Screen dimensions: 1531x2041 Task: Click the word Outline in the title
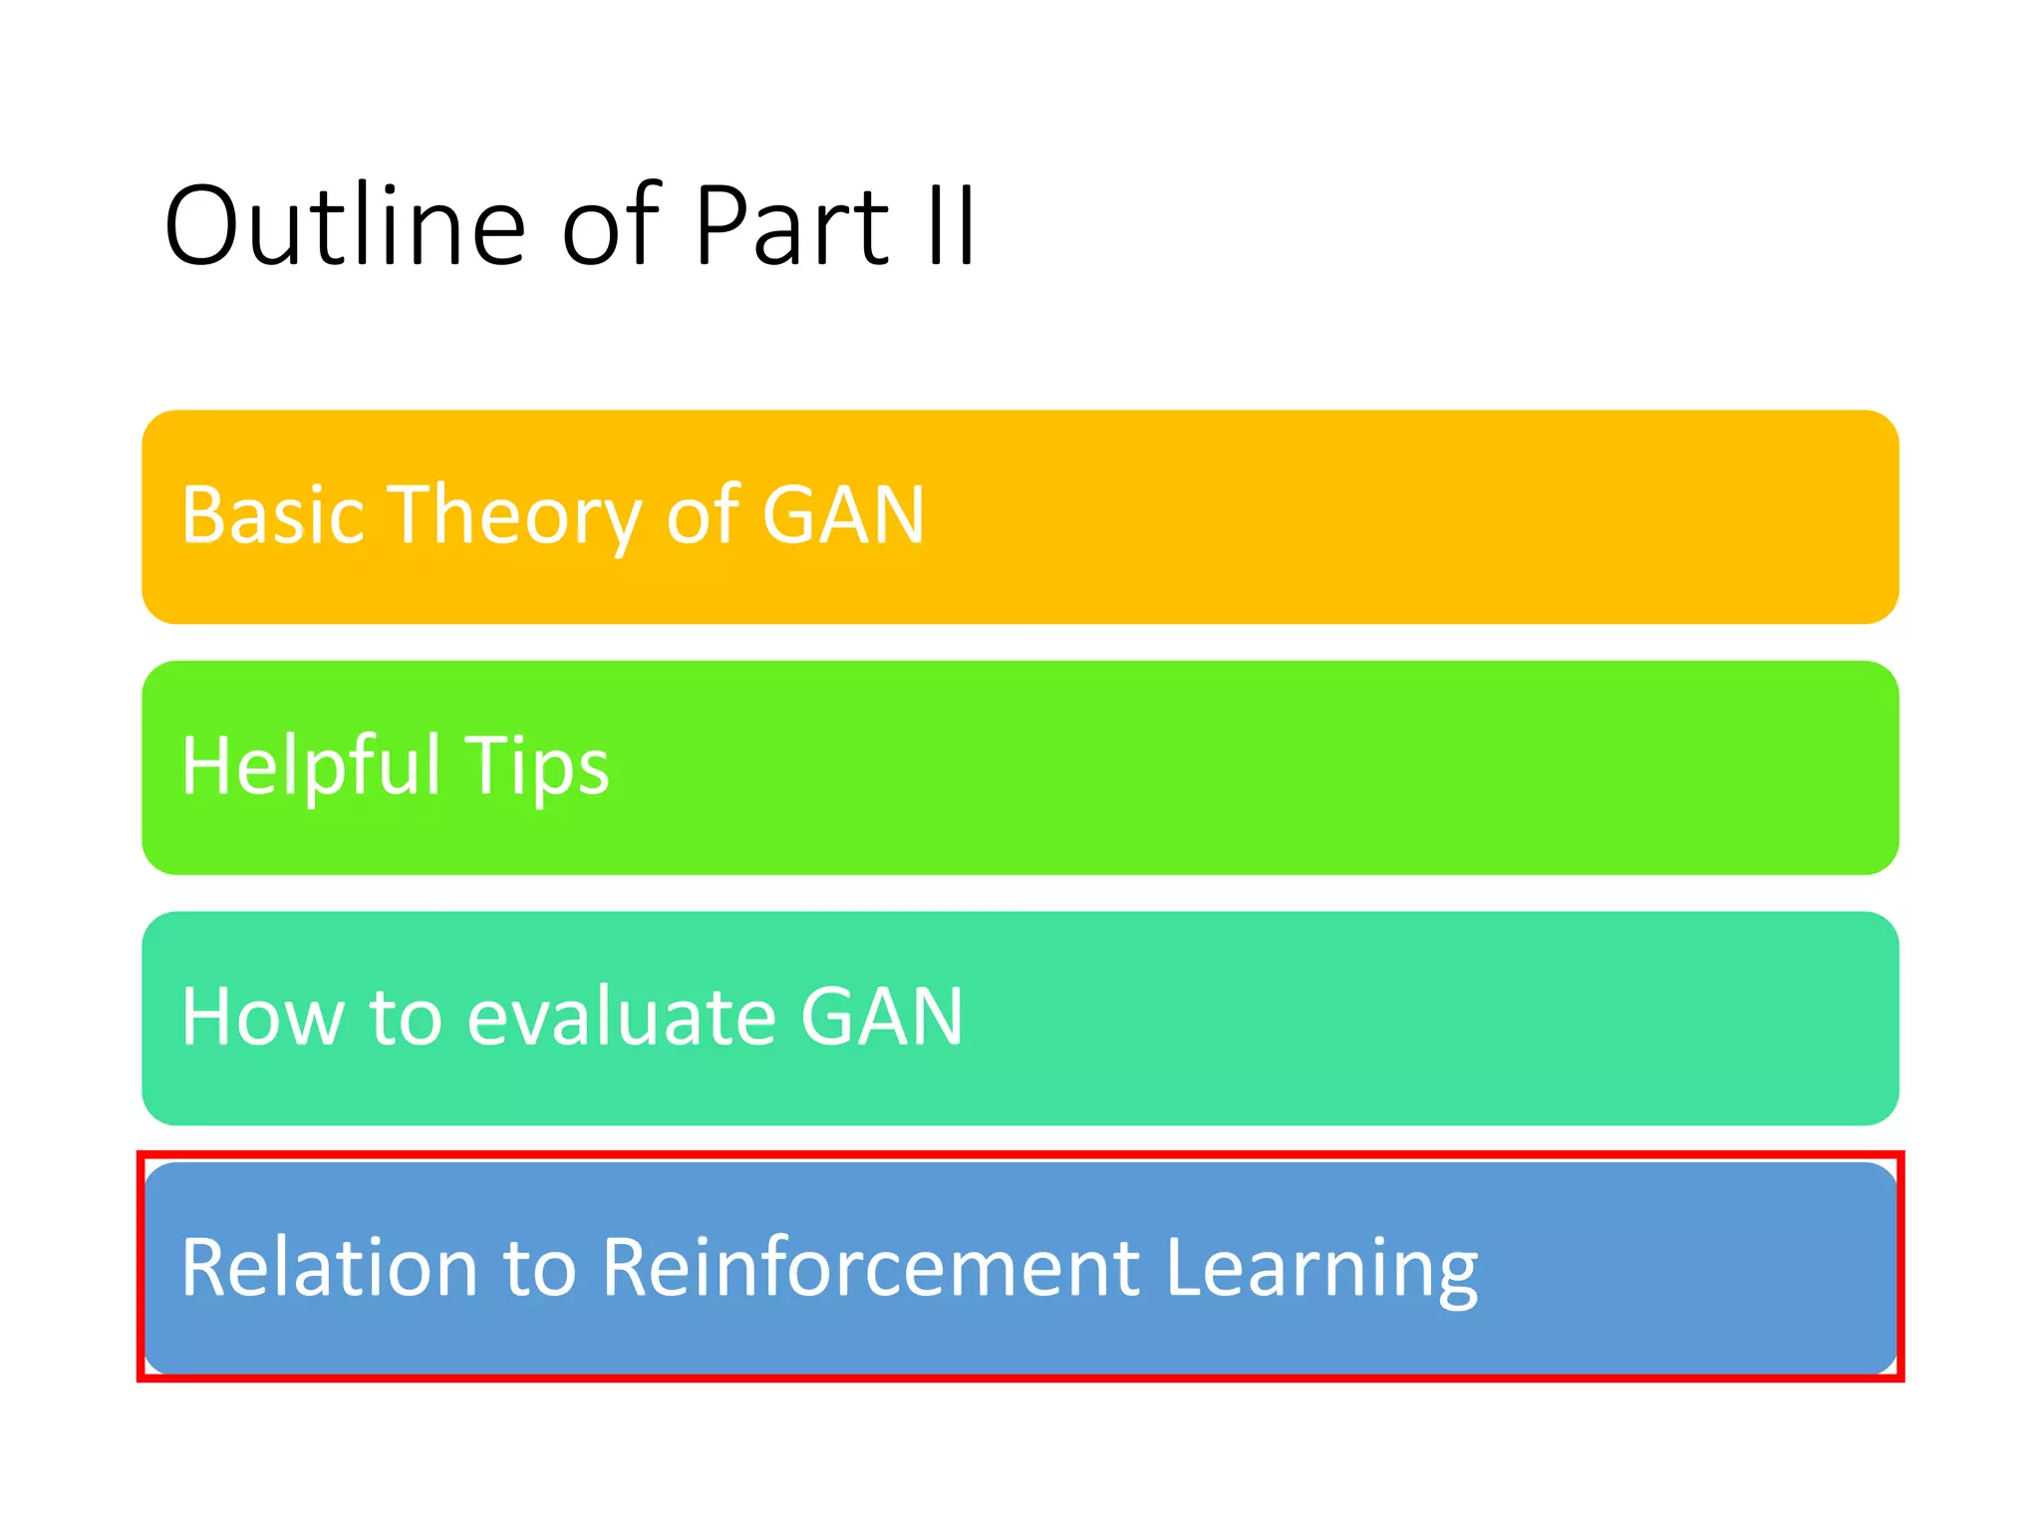click(x=345, y=226)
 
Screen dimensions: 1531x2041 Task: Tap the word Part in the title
click(x=791, y=226)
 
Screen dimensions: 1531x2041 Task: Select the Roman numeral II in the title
click(x=950, y=226)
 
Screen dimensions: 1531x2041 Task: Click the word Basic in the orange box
click(x=272, y=515)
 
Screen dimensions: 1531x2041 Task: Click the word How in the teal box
click(x=262, y=1017)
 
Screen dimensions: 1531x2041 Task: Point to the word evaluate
click(x=621, y=1017)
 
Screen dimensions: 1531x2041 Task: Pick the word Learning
click(x=1321, y=1270)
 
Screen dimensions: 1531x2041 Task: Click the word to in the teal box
click(x=406, y=1019)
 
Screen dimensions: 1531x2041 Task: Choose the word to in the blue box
click(x=539, y=1269)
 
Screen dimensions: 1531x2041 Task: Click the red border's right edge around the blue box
click(x=1900, y=1267)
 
